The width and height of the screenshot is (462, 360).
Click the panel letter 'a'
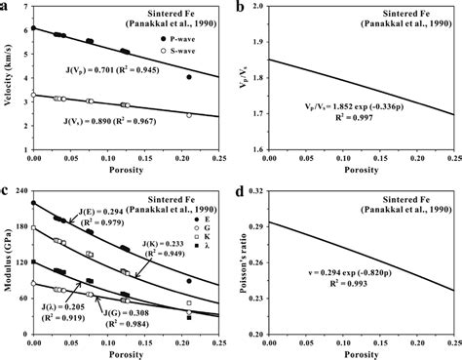coord(7,7)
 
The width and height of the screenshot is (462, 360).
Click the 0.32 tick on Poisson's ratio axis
coord(270,190)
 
